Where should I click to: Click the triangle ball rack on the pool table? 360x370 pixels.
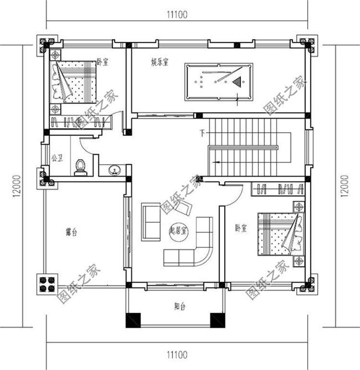point(237,82)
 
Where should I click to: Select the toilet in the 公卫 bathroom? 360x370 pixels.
point(81,166)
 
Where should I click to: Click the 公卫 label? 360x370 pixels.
point(57,158)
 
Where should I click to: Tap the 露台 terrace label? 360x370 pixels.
point(72,233)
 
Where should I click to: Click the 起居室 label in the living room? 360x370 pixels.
point(180,230)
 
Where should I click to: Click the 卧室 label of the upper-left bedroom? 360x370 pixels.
point(102,62)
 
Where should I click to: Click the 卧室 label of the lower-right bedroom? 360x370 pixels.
point(240,229)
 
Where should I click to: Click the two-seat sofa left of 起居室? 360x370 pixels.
point(151,222)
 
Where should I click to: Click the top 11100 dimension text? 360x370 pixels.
point(177,14)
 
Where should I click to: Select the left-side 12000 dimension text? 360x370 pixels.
point(18,185)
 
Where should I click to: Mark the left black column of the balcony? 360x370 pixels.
point(132,320)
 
